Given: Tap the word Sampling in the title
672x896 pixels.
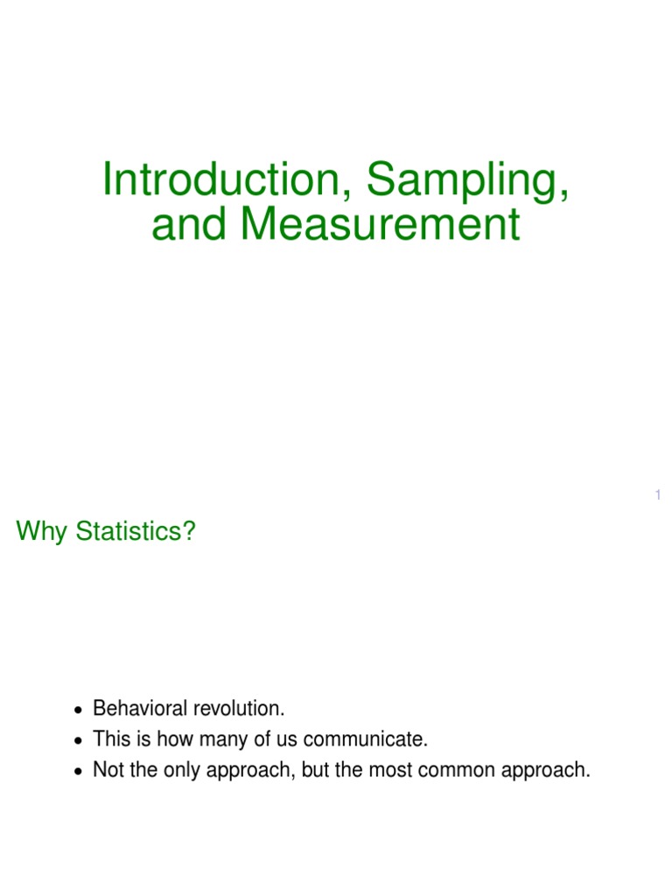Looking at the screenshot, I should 468,180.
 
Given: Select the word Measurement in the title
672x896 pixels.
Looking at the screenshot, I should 381,224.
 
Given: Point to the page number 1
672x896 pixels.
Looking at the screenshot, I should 657,496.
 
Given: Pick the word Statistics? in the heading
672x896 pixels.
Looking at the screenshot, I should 135,531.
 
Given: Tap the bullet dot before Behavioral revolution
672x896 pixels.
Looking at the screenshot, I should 79,710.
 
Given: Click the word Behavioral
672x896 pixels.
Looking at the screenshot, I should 136,708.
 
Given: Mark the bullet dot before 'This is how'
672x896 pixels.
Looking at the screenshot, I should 79,741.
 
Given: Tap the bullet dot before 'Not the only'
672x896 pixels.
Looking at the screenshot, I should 79,773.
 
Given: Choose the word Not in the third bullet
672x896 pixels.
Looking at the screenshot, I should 108,771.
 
